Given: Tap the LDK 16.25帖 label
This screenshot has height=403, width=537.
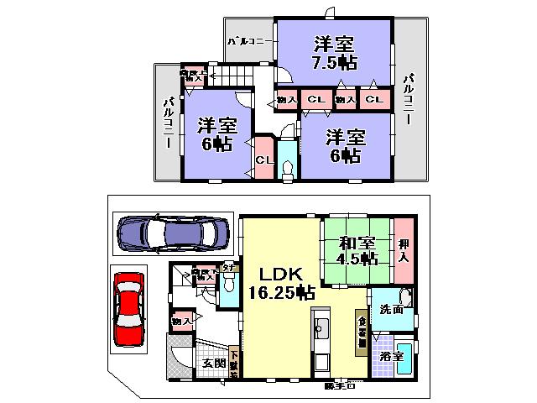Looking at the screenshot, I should coord(280,284).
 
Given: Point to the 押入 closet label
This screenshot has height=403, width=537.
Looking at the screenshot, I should coord(404,249).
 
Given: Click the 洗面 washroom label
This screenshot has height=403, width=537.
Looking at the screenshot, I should coord(390,310).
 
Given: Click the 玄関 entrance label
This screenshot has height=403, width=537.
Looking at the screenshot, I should coord(213,364).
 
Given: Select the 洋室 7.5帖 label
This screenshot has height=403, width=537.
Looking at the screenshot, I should coord(334,51).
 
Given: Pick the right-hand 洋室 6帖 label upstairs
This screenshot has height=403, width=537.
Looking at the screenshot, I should coord(344,145).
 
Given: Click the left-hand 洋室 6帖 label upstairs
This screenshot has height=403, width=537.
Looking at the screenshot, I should coord(215,134).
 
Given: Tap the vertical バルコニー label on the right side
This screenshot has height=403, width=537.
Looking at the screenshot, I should coord(409,99).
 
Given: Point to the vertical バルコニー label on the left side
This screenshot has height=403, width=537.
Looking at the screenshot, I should coord(168,123).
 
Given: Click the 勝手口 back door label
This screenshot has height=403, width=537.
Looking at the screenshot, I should coord(341,386).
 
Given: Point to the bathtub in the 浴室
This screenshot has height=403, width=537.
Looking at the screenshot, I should coord(405,356).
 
